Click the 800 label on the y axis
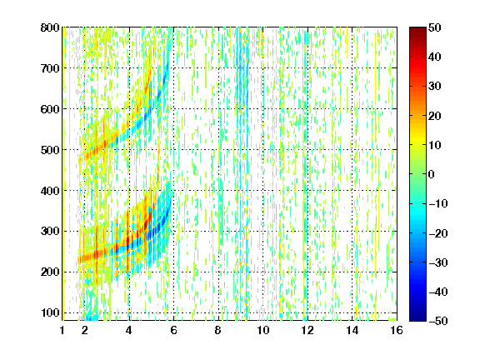point(50,27)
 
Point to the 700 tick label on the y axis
point(50,68)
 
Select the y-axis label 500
point(50,150)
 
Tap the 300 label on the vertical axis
point(50,232)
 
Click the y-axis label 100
point(51,312)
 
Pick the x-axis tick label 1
point(62,330)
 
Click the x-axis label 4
point(129,330)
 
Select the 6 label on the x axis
point(173,330)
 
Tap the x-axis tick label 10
point(263,330)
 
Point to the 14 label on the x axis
point(352,330)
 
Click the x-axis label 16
point(397,330)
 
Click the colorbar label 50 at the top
point(434,27)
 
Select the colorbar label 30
point(434,87)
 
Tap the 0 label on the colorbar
point(432,174)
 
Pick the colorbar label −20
point(438,233)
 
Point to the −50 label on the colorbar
point(438,321)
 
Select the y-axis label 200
point(50,272)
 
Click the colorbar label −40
point(438,292)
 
